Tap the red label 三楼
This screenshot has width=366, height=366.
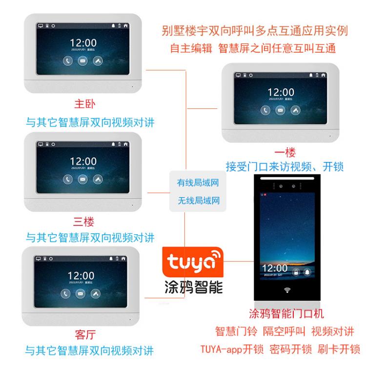[83, 222]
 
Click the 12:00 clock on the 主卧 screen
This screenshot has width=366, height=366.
[83, 43]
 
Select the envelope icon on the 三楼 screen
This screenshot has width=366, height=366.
[83, 179]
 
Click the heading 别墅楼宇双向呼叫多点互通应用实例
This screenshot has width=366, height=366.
[255, 31]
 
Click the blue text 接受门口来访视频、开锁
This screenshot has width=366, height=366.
[285, 166]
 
